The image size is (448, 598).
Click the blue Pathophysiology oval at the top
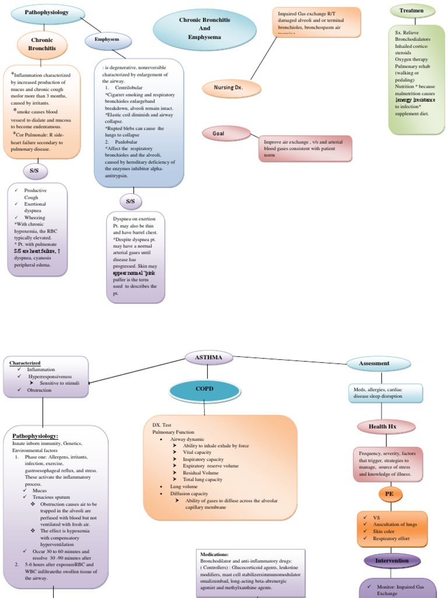tap(47, 12)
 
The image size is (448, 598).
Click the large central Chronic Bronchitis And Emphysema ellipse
tap(205, 29)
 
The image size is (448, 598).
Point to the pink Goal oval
tap(219, 133)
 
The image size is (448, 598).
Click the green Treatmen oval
tap(412, 11)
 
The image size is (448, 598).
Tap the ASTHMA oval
tap(208, 357)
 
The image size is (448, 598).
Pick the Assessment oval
tap(374, 363)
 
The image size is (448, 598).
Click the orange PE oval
tap(388, 494)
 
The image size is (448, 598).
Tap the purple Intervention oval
tap(392, 561)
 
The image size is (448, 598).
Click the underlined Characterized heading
tap(24, 363)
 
